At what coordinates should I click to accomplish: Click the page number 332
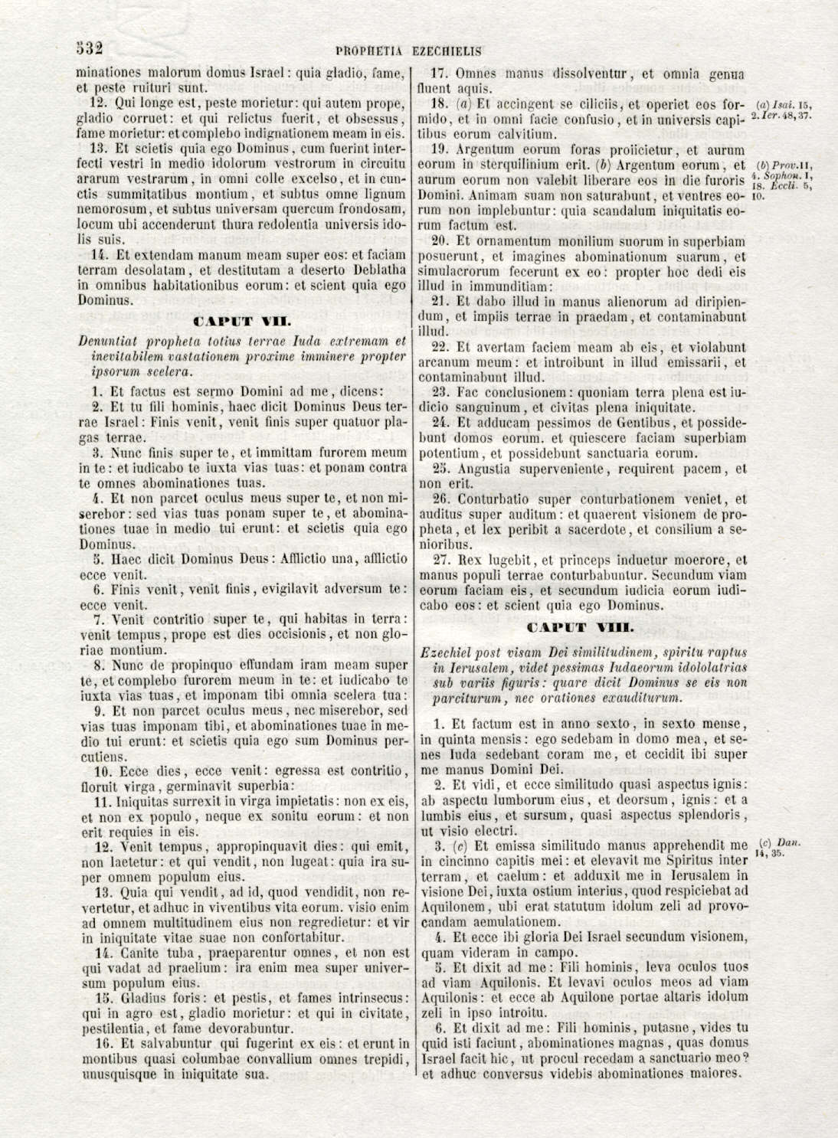90,48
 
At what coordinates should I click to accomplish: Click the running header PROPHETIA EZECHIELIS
408,52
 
